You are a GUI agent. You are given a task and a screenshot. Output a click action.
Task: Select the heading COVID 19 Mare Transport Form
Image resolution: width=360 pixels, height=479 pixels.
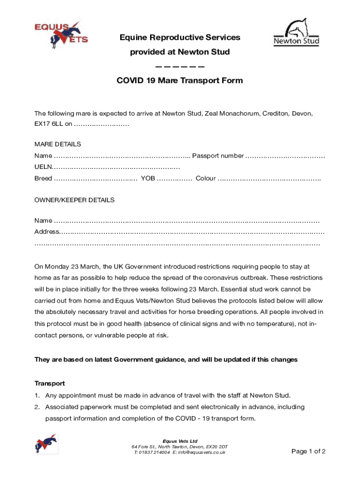tap(180, 80)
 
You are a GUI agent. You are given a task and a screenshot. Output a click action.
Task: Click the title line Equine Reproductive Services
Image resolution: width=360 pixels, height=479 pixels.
tap(180, 37)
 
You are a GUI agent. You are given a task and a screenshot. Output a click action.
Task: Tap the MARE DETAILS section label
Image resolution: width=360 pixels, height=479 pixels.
tap(58, 144)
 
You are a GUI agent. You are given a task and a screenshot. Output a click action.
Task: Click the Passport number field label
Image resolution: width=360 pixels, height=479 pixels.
tap(218, 155)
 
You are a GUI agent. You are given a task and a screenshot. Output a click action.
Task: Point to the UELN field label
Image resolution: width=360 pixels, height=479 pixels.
tap(43, 167)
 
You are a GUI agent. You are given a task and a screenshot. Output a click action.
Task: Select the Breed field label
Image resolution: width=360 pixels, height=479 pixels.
tap(43, 178)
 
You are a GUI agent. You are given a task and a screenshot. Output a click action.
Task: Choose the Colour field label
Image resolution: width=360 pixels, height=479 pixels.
tap(206, 178)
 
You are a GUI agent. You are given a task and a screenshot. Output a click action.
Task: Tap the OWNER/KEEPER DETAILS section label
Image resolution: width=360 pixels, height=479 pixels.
tap(74, 200)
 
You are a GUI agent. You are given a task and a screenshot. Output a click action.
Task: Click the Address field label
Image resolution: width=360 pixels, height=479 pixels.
tap(46, 232)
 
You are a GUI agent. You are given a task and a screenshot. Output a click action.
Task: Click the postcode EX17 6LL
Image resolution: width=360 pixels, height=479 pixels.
tap(49, 124)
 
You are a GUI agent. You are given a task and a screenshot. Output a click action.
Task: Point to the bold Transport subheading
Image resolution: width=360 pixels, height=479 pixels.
tap(50, 383)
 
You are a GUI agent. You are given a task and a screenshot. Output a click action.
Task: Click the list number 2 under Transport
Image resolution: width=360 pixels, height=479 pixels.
tap(36, 407)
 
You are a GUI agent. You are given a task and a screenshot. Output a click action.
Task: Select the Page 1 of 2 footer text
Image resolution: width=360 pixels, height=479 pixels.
tap(308, 451)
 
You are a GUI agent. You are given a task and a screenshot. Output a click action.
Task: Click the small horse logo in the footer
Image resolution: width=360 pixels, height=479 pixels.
tap(46, 443)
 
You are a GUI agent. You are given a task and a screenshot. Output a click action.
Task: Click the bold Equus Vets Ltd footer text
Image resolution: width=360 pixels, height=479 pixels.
tap(180, 441)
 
